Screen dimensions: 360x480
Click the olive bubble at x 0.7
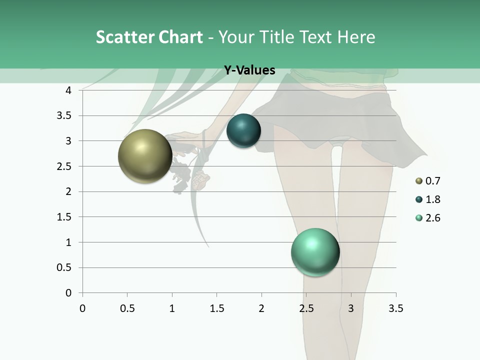click(145, 156)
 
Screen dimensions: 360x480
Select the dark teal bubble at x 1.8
click(243, 131)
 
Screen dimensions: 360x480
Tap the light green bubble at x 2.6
click(315, 252)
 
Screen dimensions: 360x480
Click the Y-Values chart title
click(249, 70)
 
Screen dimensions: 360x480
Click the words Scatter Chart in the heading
click(149, 37)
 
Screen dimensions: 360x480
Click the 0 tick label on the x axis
click(82, 308)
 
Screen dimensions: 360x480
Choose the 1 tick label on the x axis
click(172, 308)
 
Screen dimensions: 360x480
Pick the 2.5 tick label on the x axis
click(306, 308)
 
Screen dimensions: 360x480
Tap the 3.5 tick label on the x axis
click(395, 308)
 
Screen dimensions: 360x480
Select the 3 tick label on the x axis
click(351, 308)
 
